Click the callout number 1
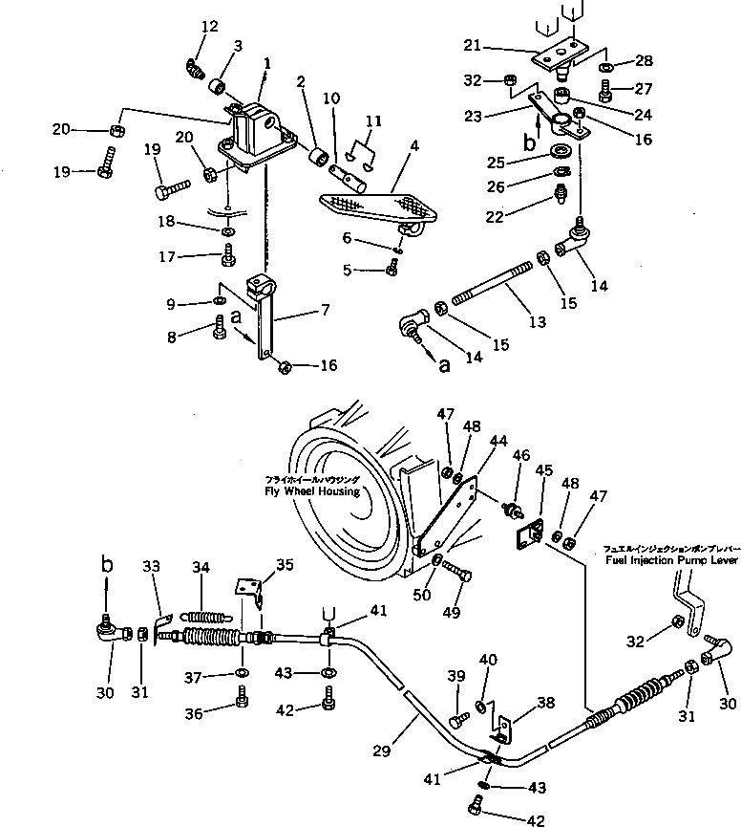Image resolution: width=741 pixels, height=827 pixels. tap(267, 63)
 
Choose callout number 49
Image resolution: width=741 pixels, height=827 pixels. tap(447, 612)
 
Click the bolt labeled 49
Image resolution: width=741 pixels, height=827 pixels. tap(456, 575)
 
